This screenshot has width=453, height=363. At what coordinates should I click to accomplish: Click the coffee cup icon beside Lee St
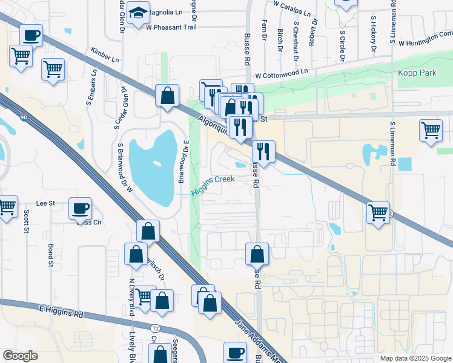point(80,209)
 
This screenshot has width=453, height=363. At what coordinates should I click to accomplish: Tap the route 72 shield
point(156,328)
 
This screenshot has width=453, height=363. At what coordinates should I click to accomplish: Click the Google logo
point(20,356)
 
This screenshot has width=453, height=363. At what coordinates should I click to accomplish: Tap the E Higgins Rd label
point(61,312)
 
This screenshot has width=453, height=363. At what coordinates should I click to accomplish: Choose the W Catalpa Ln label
point(291,8)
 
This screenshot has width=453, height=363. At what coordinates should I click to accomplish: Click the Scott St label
point(27,215)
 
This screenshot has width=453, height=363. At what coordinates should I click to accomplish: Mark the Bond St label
point(50,255)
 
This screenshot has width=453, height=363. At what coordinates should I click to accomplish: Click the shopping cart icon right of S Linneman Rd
point(431,130)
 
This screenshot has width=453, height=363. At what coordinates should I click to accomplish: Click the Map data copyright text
point(415,358)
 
